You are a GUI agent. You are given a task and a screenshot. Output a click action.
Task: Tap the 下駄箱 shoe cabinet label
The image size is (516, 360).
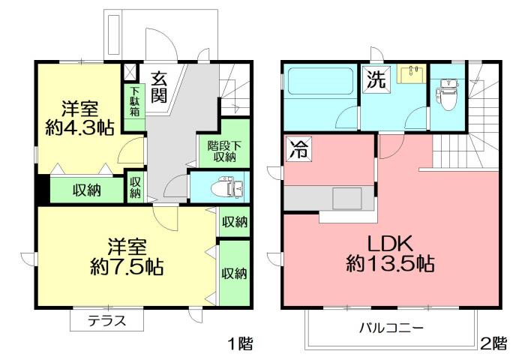tap(134, 102)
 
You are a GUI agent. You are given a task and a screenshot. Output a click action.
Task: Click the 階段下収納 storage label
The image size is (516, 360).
tap(223, 151)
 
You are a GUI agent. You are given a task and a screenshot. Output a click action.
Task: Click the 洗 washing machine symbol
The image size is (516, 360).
tap(376, 79)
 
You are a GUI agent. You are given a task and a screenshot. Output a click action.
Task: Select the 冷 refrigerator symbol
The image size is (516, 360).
tap(296, 149)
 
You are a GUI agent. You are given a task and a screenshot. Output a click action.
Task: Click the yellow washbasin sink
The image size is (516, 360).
tap(411, 75)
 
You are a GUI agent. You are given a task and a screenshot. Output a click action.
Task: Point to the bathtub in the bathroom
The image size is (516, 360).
tap(318, 80)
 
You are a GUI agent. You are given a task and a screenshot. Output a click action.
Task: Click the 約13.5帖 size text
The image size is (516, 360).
tap(391, 264)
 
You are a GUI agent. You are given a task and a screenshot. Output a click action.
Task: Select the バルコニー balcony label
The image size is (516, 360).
tap(391, 328)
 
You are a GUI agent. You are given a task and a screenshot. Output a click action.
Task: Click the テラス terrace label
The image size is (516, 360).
tap(106, 321)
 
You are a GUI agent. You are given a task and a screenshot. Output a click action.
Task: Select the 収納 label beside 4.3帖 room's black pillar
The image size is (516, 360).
tap(88, 189)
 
